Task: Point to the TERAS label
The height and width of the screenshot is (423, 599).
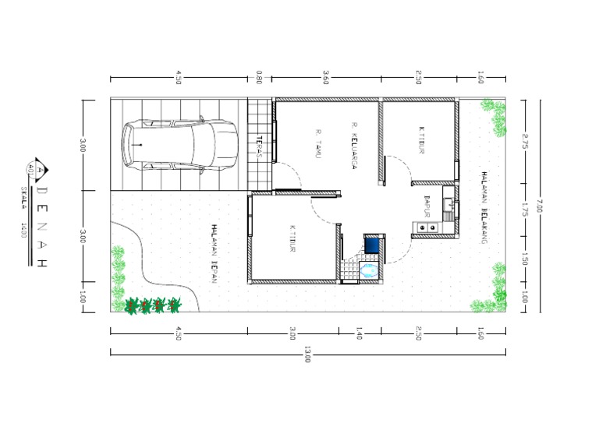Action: click(258, 147)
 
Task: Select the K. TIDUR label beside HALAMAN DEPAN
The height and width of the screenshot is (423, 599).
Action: click(292, 239)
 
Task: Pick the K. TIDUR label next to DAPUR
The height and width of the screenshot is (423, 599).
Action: click(421, 141)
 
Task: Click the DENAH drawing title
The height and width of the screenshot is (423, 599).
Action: click(43, 225)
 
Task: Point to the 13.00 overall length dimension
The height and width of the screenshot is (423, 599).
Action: click(307, 359)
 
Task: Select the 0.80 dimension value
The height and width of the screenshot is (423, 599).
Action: click(259, 78)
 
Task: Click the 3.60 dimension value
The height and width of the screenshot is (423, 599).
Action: click(326, 78)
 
